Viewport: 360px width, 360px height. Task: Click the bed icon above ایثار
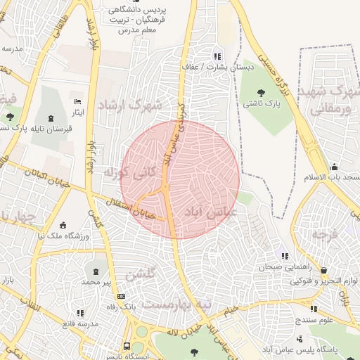77,101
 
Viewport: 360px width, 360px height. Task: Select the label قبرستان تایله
25,128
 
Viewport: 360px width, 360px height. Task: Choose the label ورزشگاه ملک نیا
64,237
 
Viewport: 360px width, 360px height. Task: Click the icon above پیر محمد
96,271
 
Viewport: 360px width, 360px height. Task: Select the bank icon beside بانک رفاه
121,296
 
